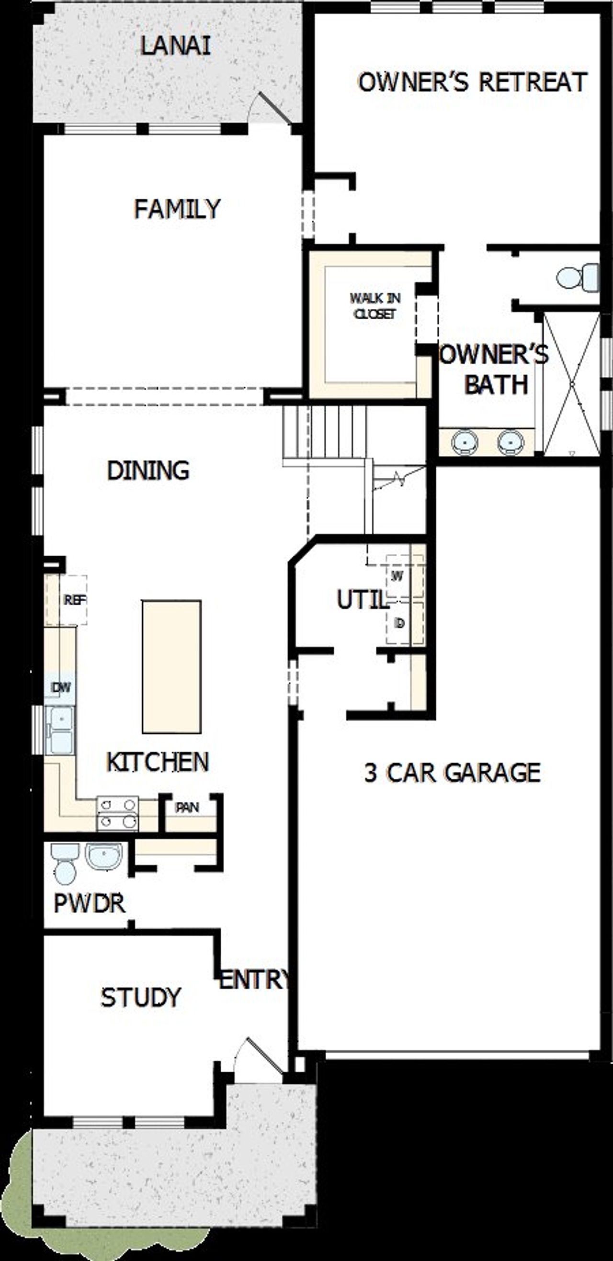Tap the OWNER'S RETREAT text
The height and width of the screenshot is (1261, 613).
pos(473,82)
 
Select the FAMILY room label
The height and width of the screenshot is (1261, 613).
pos(177,209)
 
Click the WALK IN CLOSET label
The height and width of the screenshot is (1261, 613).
pos(375,306)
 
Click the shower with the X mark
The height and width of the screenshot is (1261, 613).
pos(571,384)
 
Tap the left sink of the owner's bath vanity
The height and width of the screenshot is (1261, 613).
pos(464,442)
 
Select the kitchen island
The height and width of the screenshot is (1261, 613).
pos(171,667)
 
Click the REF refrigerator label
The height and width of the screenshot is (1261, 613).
pos(74,600)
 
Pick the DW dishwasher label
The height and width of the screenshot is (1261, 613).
pos(61,687)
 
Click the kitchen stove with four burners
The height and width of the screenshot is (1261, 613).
pos(117,813)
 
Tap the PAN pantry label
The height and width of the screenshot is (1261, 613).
pos(187,807)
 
